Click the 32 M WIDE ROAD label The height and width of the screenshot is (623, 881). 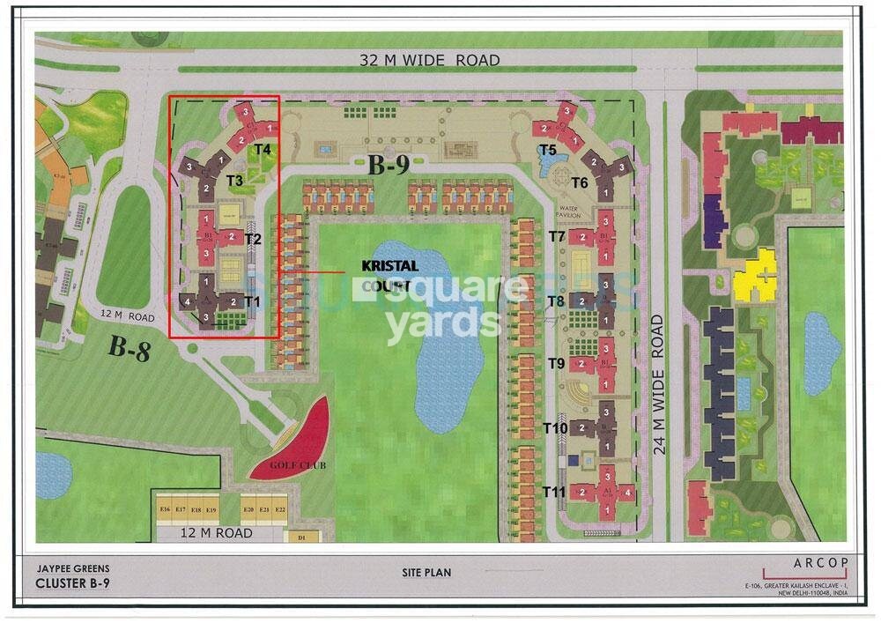tap(429, 61)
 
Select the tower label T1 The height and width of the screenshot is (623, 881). tap(253, 301)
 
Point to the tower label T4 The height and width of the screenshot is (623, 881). tap(262, 150)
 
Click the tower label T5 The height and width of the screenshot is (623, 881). tap(548, 150)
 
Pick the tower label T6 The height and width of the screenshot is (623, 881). tap(579, 182)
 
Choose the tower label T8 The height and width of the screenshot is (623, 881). tap(556, 301)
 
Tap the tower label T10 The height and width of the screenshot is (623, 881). tap(555, 428)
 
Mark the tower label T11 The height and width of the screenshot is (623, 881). tap(553, 491)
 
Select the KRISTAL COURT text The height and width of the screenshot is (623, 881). tap(389, 274)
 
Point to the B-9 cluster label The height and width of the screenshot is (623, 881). tap(389, 166)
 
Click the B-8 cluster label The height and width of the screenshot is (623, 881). tap(130, 347)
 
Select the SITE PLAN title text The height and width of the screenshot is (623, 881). tap(426, 573)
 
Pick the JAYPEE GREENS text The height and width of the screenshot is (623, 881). tap(73, 569)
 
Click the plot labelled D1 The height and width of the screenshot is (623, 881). tap(302, 537)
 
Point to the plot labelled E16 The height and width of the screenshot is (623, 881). tap(165, 509)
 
